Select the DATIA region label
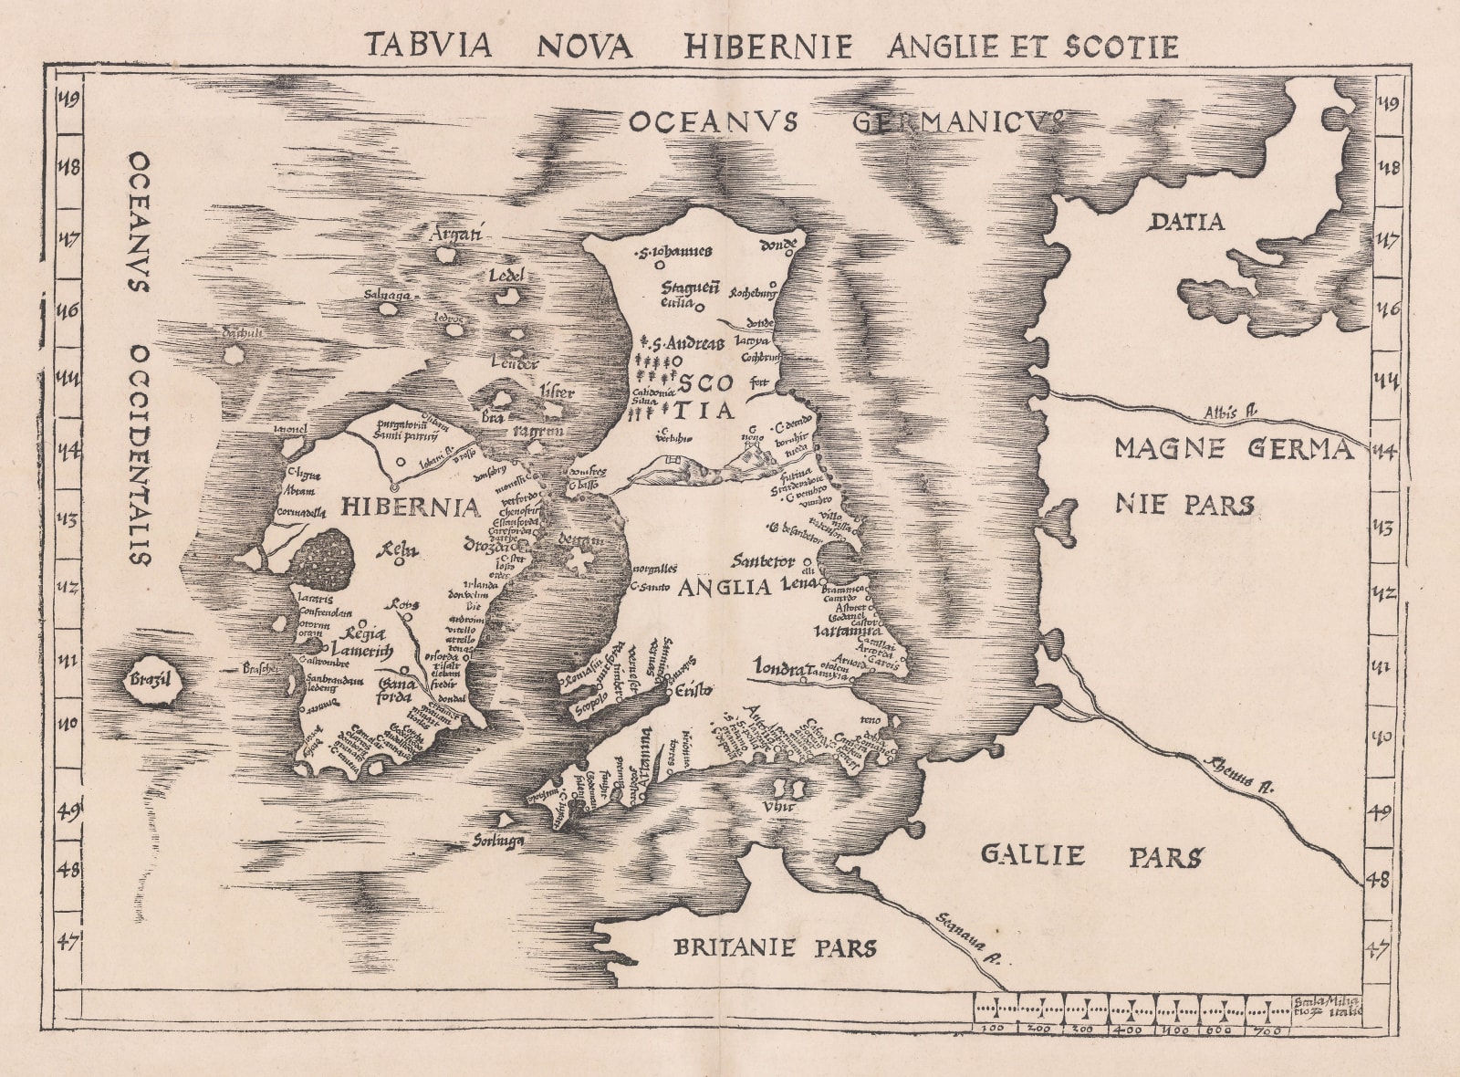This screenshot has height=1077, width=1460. coord(1185,222)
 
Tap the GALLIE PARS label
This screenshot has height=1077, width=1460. coord(1091,856)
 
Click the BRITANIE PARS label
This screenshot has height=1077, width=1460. coord(774,947)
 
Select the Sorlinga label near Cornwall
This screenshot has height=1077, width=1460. coord(498,841)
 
